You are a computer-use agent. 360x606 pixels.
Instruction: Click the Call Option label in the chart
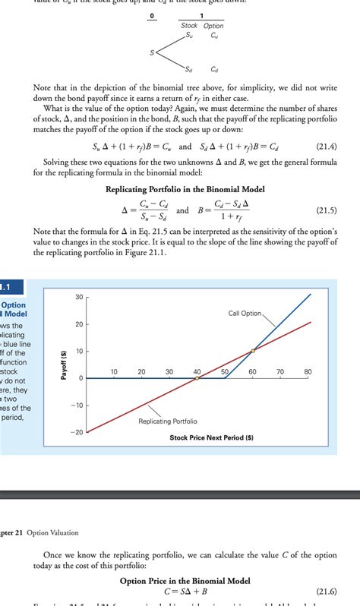244,314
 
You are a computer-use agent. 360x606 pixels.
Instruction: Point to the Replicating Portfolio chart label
167,421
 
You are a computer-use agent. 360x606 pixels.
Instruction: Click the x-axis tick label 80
308,372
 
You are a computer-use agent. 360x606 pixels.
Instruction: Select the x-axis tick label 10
114,372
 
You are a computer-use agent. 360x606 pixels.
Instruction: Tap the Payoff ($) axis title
64,365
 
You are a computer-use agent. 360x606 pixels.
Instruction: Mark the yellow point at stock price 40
197,378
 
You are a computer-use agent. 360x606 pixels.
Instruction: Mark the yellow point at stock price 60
253,351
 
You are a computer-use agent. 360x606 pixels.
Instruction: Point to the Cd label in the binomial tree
215,68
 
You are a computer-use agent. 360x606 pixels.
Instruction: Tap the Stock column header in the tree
189,26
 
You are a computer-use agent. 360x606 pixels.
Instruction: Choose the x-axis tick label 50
225,372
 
